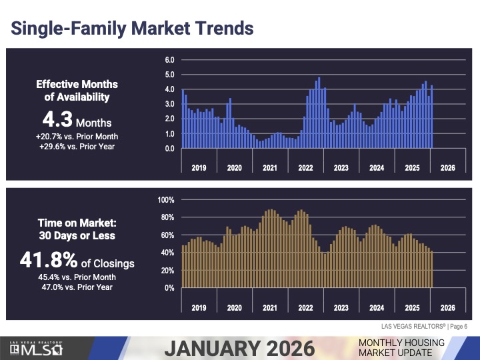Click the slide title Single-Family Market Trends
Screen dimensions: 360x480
point(133,28)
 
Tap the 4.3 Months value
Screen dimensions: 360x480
point(77,121)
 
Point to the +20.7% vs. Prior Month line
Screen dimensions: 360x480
point(77,136)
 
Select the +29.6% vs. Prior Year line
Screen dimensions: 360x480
point(77,146)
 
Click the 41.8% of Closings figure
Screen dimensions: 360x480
point(77,262)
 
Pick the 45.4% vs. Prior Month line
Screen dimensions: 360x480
point(77,277)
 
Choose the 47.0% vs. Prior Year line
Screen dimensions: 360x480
point(77,287)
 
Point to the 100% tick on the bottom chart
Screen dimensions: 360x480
point(166,200)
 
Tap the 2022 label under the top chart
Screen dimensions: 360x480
point(305,168)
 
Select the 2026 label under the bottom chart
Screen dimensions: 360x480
point(448,308)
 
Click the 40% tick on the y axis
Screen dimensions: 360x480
point(167,253)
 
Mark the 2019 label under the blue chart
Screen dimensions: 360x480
point(199,168)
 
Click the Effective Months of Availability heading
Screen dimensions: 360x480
point(77,91)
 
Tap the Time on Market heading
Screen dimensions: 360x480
point(77,229)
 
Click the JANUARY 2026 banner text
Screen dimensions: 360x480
point(239,347)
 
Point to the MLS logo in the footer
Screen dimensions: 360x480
point(37,347)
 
